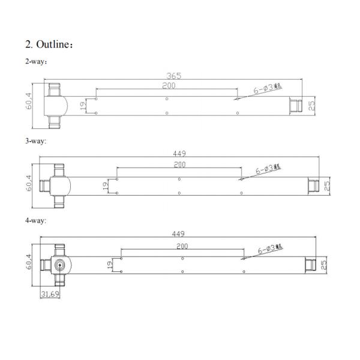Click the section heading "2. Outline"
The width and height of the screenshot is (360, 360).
[x=49, y=44]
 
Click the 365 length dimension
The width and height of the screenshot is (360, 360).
[x=173, y=76]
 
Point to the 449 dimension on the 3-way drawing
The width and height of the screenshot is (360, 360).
[x=179, y=154]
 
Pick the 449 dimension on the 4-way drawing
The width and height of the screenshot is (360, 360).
[x=178, y=233]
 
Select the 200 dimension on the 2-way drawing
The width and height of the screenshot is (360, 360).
[x=168, y=86]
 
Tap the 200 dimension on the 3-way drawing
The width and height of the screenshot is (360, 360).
[x=179, y=164]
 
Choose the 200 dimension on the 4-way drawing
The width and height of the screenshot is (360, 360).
[x=182, y=246]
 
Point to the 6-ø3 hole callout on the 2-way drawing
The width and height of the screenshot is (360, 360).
[x=267, y=88]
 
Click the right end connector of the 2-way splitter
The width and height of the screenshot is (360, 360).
[x=295, y=106]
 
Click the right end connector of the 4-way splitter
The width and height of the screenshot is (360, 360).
[x=311, y=265]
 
